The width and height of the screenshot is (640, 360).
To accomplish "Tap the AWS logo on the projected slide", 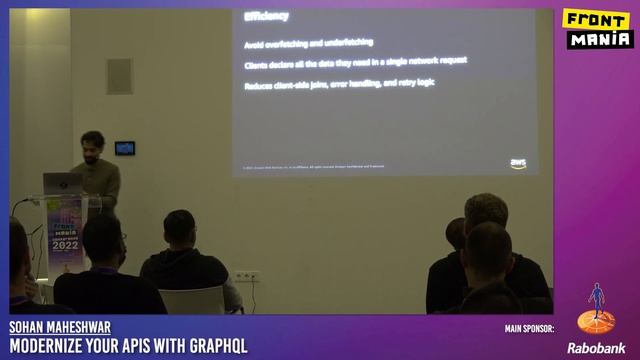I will click(x=518, y=163).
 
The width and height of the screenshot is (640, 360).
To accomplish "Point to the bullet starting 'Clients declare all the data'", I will click(x=355, y=62).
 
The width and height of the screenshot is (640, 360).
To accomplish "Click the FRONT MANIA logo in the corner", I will click(x=598, y=29).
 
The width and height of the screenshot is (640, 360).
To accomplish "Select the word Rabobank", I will click(x=596, y=348).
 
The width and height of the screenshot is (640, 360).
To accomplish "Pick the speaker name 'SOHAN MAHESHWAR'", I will click(x=60, y=328).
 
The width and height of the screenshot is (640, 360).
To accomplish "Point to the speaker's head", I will click(x=93, y=144).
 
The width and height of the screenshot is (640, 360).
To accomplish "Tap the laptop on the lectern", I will click(x=63, y=184).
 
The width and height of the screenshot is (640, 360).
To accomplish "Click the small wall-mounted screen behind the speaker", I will click(x=124, y=148).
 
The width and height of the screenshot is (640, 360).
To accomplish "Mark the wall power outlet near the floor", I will click(x=246, y=275).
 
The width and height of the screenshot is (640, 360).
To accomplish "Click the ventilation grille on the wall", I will click(x=119, y=76).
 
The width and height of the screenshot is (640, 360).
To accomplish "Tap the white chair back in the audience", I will click(x=192, y=299).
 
